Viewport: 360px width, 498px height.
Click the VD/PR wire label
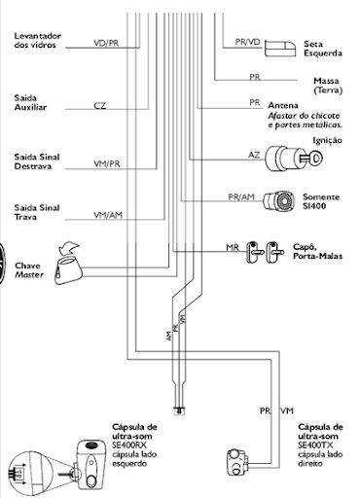tap(106, 43)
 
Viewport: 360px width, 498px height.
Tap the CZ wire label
tap(99, 106)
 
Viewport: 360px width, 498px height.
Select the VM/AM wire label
tap(108, 215)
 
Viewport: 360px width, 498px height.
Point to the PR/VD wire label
tap(247, 42)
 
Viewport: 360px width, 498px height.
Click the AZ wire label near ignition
tap(254, 155)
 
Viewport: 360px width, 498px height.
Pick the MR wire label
tap(233, 248)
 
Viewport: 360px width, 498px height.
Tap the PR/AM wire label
tap(241, 196)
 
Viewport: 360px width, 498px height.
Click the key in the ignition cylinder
tap(311, 159)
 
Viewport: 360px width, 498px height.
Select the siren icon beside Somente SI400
tap(278, 201)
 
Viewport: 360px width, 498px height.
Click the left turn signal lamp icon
tap(280, 49)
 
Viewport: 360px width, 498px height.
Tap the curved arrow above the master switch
tap(69, 248)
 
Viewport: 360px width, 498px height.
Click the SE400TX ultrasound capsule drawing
tap(237, 462)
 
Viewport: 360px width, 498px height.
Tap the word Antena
tap(283, 106)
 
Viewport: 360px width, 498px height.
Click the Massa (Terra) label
tap(328, 86)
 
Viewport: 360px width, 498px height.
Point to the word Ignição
tap(327, 141)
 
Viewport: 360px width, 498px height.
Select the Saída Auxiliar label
tap(30, 102)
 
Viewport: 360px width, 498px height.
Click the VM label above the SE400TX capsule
tap(287, 410)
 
